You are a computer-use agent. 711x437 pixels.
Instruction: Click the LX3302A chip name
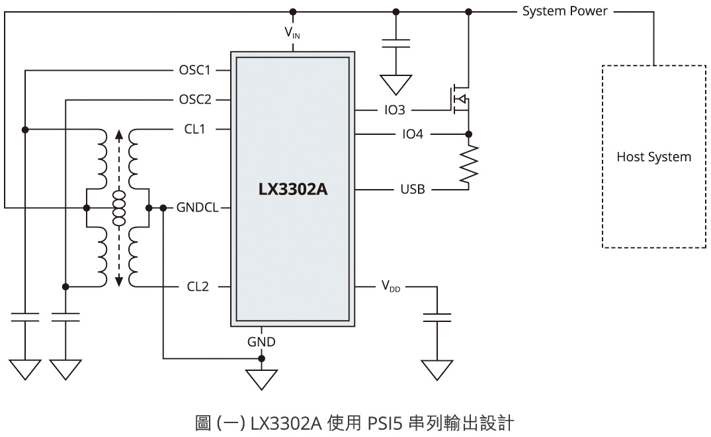tap(292, 190)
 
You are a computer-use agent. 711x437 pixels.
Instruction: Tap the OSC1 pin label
tap(195, 69)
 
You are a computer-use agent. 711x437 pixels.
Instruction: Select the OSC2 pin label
tap(195, 100)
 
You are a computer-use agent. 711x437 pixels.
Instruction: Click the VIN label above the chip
tap(292, 31)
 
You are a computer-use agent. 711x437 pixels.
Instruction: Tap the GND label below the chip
tap(261, 342)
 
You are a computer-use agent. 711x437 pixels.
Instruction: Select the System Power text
tap(565, 11)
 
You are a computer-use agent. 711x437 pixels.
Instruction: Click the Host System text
tap(653, 157)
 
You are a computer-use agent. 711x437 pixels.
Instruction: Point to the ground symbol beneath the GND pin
tap(261, 379)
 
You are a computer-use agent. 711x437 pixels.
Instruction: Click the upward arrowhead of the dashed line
tap(119, 135)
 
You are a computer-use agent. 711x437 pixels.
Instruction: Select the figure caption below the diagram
tap(355, 420)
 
